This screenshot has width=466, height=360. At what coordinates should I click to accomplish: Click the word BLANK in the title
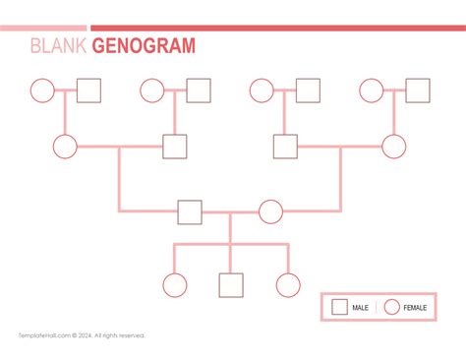point(58,46)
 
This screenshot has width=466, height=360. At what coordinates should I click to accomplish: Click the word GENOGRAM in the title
point(144,46)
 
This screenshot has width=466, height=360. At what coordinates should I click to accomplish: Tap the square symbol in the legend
point(339,307)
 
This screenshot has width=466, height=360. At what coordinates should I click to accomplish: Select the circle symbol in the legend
point(391,307)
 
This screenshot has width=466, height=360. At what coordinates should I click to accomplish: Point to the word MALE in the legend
point(361,308)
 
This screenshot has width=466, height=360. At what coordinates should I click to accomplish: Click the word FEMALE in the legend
point(415,308)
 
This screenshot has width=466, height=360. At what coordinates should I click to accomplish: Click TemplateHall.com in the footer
point(40,335)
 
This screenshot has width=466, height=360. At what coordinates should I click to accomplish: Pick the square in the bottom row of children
point(230,285)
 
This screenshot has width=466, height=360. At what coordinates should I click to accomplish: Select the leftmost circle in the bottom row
point(174,285)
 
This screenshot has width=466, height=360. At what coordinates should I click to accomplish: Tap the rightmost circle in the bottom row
point(288,285)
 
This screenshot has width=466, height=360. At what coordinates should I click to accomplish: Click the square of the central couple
point(190,211)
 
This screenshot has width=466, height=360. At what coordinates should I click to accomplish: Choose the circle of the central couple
point(270,211)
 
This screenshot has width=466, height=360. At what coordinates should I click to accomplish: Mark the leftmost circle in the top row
point(42,90)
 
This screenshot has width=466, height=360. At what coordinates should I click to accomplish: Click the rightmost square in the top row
point(418,90)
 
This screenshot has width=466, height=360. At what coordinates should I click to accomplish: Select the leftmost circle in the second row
point(65,147)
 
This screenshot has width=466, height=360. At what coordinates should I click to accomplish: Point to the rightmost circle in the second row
point(394,147)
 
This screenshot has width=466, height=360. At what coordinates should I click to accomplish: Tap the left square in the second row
point(175,147)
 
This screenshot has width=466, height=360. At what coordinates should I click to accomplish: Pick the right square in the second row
point(285,147)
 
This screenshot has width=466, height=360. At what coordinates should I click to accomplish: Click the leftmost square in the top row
point(89,90)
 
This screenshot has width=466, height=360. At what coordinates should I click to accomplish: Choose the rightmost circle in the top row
point(371,90)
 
